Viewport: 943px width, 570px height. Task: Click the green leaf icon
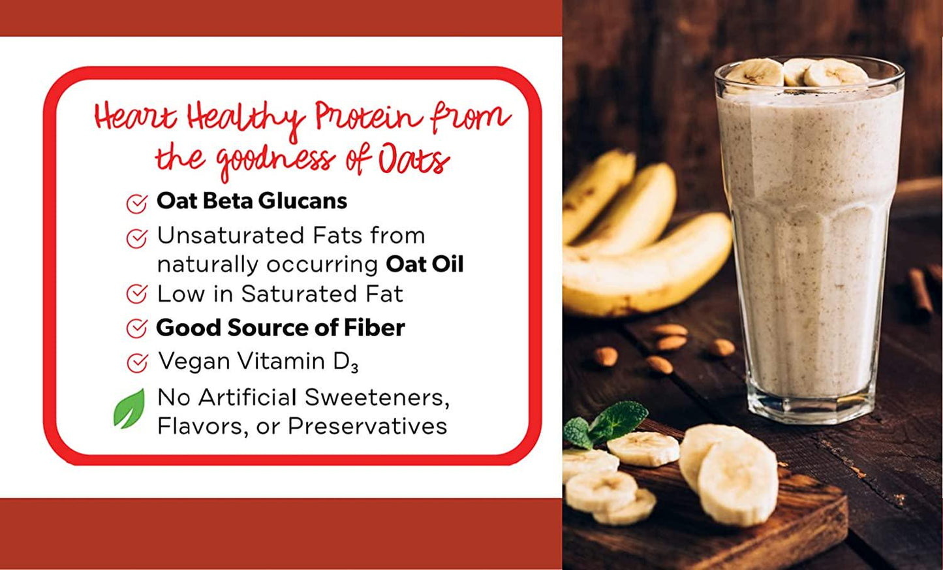click(x=130, y=409)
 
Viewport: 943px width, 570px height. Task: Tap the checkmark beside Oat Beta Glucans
click(x=137, y=204)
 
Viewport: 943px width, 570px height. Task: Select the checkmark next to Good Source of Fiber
click(x=137, y=328)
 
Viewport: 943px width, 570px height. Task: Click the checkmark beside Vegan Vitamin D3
click(x=137, y=363)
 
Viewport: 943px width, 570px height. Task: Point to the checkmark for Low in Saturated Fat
click(x=137, y=294)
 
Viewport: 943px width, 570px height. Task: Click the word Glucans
click(x=303, y=200)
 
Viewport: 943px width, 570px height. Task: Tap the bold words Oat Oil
click(x=425, y=264)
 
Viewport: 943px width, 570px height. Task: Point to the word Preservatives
click(x=367, y=426)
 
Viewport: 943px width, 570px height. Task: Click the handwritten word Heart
click(x=135, y=116)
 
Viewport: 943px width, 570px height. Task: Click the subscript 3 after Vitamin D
click(x=354, y=369)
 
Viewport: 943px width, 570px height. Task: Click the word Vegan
click(x=194, y=362)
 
